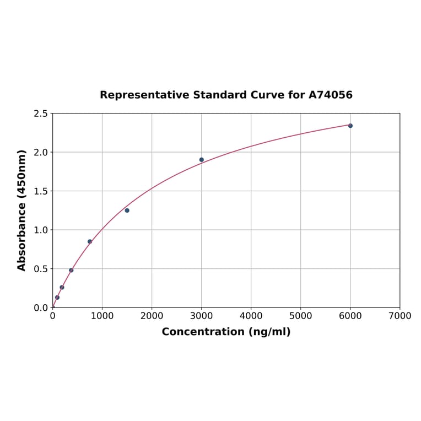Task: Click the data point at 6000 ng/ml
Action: [350, 126]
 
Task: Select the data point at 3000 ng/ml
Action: [202, 160]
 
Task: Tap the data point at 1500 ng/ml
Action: [127, 210]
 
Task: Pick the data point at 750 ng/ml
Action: [90, 241]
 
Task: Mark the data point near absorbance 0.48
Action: [71, 270]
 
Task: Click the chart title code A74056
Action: [330, 95]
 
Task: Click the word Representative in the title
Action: [144, 95]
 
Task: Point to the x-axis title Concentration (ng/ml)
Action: [226, 332]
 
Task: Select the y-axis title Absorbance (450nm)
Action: [22, 210]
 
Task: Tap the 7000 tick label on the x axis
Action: [400, 316]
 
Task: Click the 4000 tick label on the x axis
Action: [251, 316]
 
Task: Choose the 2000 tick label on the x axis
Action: [152, 316]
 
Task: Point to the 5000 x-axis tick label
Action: [300, 316]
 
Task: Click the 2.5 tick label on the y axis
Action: [41, 114]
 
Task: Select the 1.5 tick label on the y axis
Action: [41, 191]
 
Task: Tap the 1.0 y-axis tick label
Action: [41, 230]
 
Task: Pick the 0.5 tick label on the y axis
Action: [41, 269]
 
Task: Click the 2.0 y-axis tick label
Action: [41, 152]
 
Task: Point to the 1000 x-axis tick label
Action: [102, 316]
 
